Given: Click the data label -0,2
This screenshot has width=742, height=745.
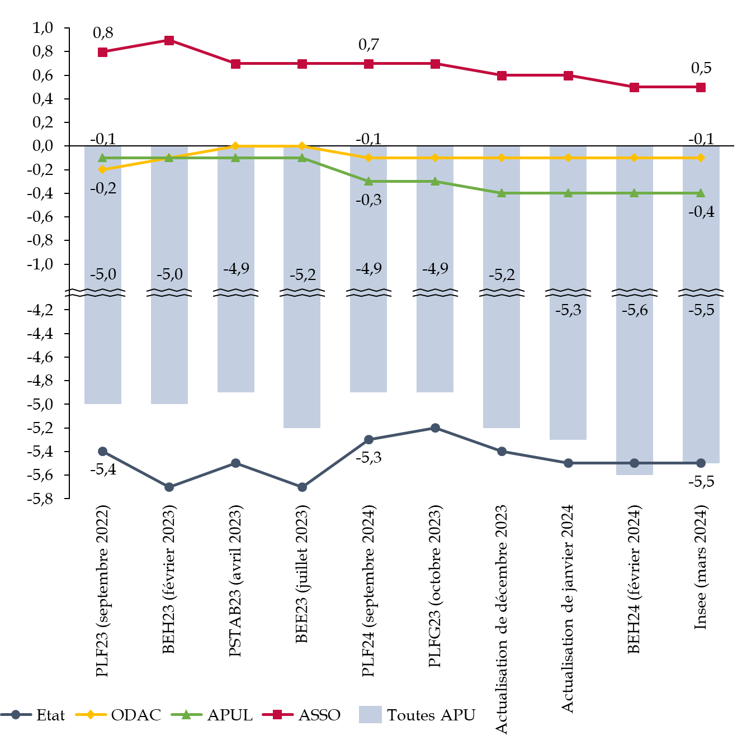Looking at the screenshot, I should pos(103,188).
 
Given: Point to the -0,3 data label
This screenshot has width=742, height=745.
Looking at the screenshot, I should pos(368,200).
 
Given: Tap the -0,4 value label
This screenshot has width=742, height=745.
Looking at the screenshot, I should pos(701,212).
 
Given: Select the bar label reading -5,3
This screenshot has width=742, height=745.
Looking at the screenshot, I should pos(568,310).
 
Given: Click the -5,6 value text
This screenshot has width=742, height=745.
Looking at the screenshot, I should pos(635,310).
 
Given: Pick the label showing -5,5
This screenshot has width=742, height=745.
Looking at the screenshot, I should pos(701,310).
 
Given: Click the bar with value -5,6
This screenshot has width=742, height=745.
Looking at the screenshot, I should pos(635,380).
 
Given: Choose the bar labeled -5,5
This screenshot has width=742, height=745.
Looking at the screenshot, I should pos(701,380).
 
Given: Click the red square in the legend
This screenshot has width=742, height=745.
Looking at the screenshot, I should pos(277,714).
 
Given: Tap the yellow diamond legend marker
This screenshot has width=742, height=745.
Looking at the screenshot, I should pos(91,714).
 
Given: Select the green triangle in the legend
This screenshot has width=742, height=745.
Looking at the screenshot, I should pos(186,714).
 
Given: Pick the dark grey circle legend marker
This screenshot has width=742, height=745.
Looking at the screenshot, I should pos(16,714).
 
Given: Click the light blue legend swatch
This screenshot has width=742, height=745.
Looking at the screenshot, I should pos(370,714).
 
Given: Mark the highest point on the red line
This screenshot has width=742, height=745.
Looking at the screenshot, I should pos(169,40).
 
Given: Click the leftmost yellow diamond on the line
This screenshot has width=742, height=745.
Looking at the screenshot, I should pos(102,169).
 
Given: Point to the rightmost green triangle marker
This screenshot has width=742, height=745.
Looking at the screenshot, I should pos(701,193).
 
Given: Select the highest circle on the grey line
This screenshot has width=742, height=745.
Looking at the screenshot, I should pos(435,428).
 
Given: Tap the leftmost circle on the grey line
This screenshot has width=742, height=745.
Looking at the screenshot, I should pos(102,451).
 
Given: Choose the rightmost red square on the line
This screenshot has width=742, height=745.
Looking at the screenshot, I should pos(701,87).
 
